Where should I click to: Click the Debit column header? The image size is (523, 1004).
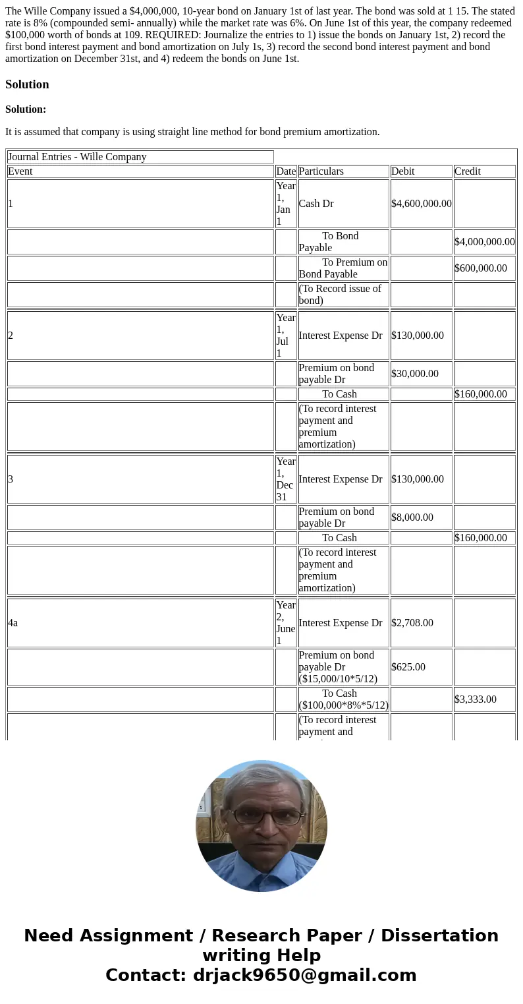pyautogui.click(x=403, y=171)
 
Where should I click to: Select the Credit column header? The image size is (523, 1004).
pyautogui.click(x=467, y=171)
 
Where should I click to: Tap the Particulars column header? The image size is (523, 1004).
pyautogui.click(x=321, y=171)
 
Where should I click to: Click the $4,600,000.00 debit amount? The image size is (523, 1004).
pyautogui.click(x=421, y=204)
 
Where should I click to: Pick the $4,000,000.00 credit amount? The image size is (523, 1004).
pyautogui.click(x=484, y=242)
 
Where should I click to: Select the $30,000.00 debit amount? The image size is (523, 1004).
pyautogui.click(x=414, y=374)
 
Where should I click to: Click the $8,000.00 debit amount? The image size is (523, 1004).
pyautogui.click(x=412, y=517)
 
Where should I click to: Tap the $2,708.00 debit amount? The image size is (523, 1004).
pyautogui.click(x=412, y=623)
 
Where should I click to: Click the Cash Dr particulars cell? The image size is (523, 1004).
pyautogui.click(x=316, y=204)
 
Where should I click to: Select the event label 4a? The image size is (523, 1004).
pyautogui.click(x=13, y=623)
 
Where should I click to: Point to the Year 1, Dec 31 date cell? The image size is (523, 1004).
pyautogui.click(x=286, y=479)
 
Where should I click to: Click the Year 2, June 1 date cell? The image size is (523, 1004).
pyautogui.click(x=286, y=623)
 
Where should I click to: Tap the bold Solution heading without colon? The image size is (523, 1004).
pyautogui.click(x=27, y=84)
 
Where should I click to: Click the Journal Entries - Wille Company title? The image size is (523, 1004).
pyautogui.click(x=77, y=157)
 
